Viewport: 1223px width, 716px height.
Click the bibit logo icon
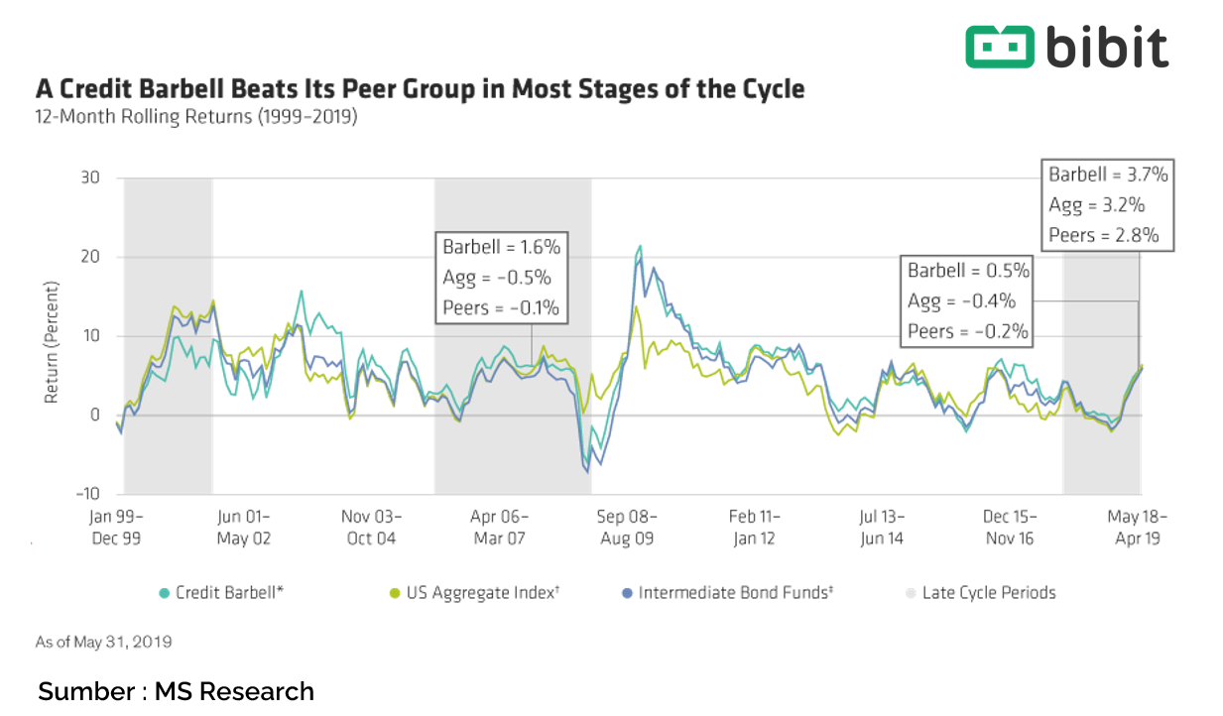coord(999,47)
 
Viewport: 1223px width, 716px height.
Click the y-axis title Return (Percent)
coord(52,341)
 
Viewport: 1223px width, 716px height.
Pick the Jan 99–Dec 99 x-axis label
coord(117,527)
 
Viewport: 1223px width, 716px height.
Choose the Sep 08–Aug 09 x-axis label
coord(628,527)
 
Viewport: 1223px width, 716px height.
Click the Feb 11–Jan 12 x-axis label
coord(755,527)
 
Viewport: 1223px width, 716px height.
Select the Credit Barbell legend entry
coord(223,593)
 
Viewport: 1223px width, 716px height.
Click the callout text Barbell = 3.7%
coord(1108,176)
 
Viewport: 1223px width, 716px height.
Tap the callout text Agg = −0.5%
coord(496,278)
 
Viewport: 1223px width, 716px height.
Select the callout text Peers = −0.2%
coord(968,331)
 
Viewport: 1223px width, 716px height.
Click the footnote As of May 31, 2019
coord(103,642)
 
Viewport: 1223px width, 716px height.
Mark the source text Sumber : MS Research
coord(176,691)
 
